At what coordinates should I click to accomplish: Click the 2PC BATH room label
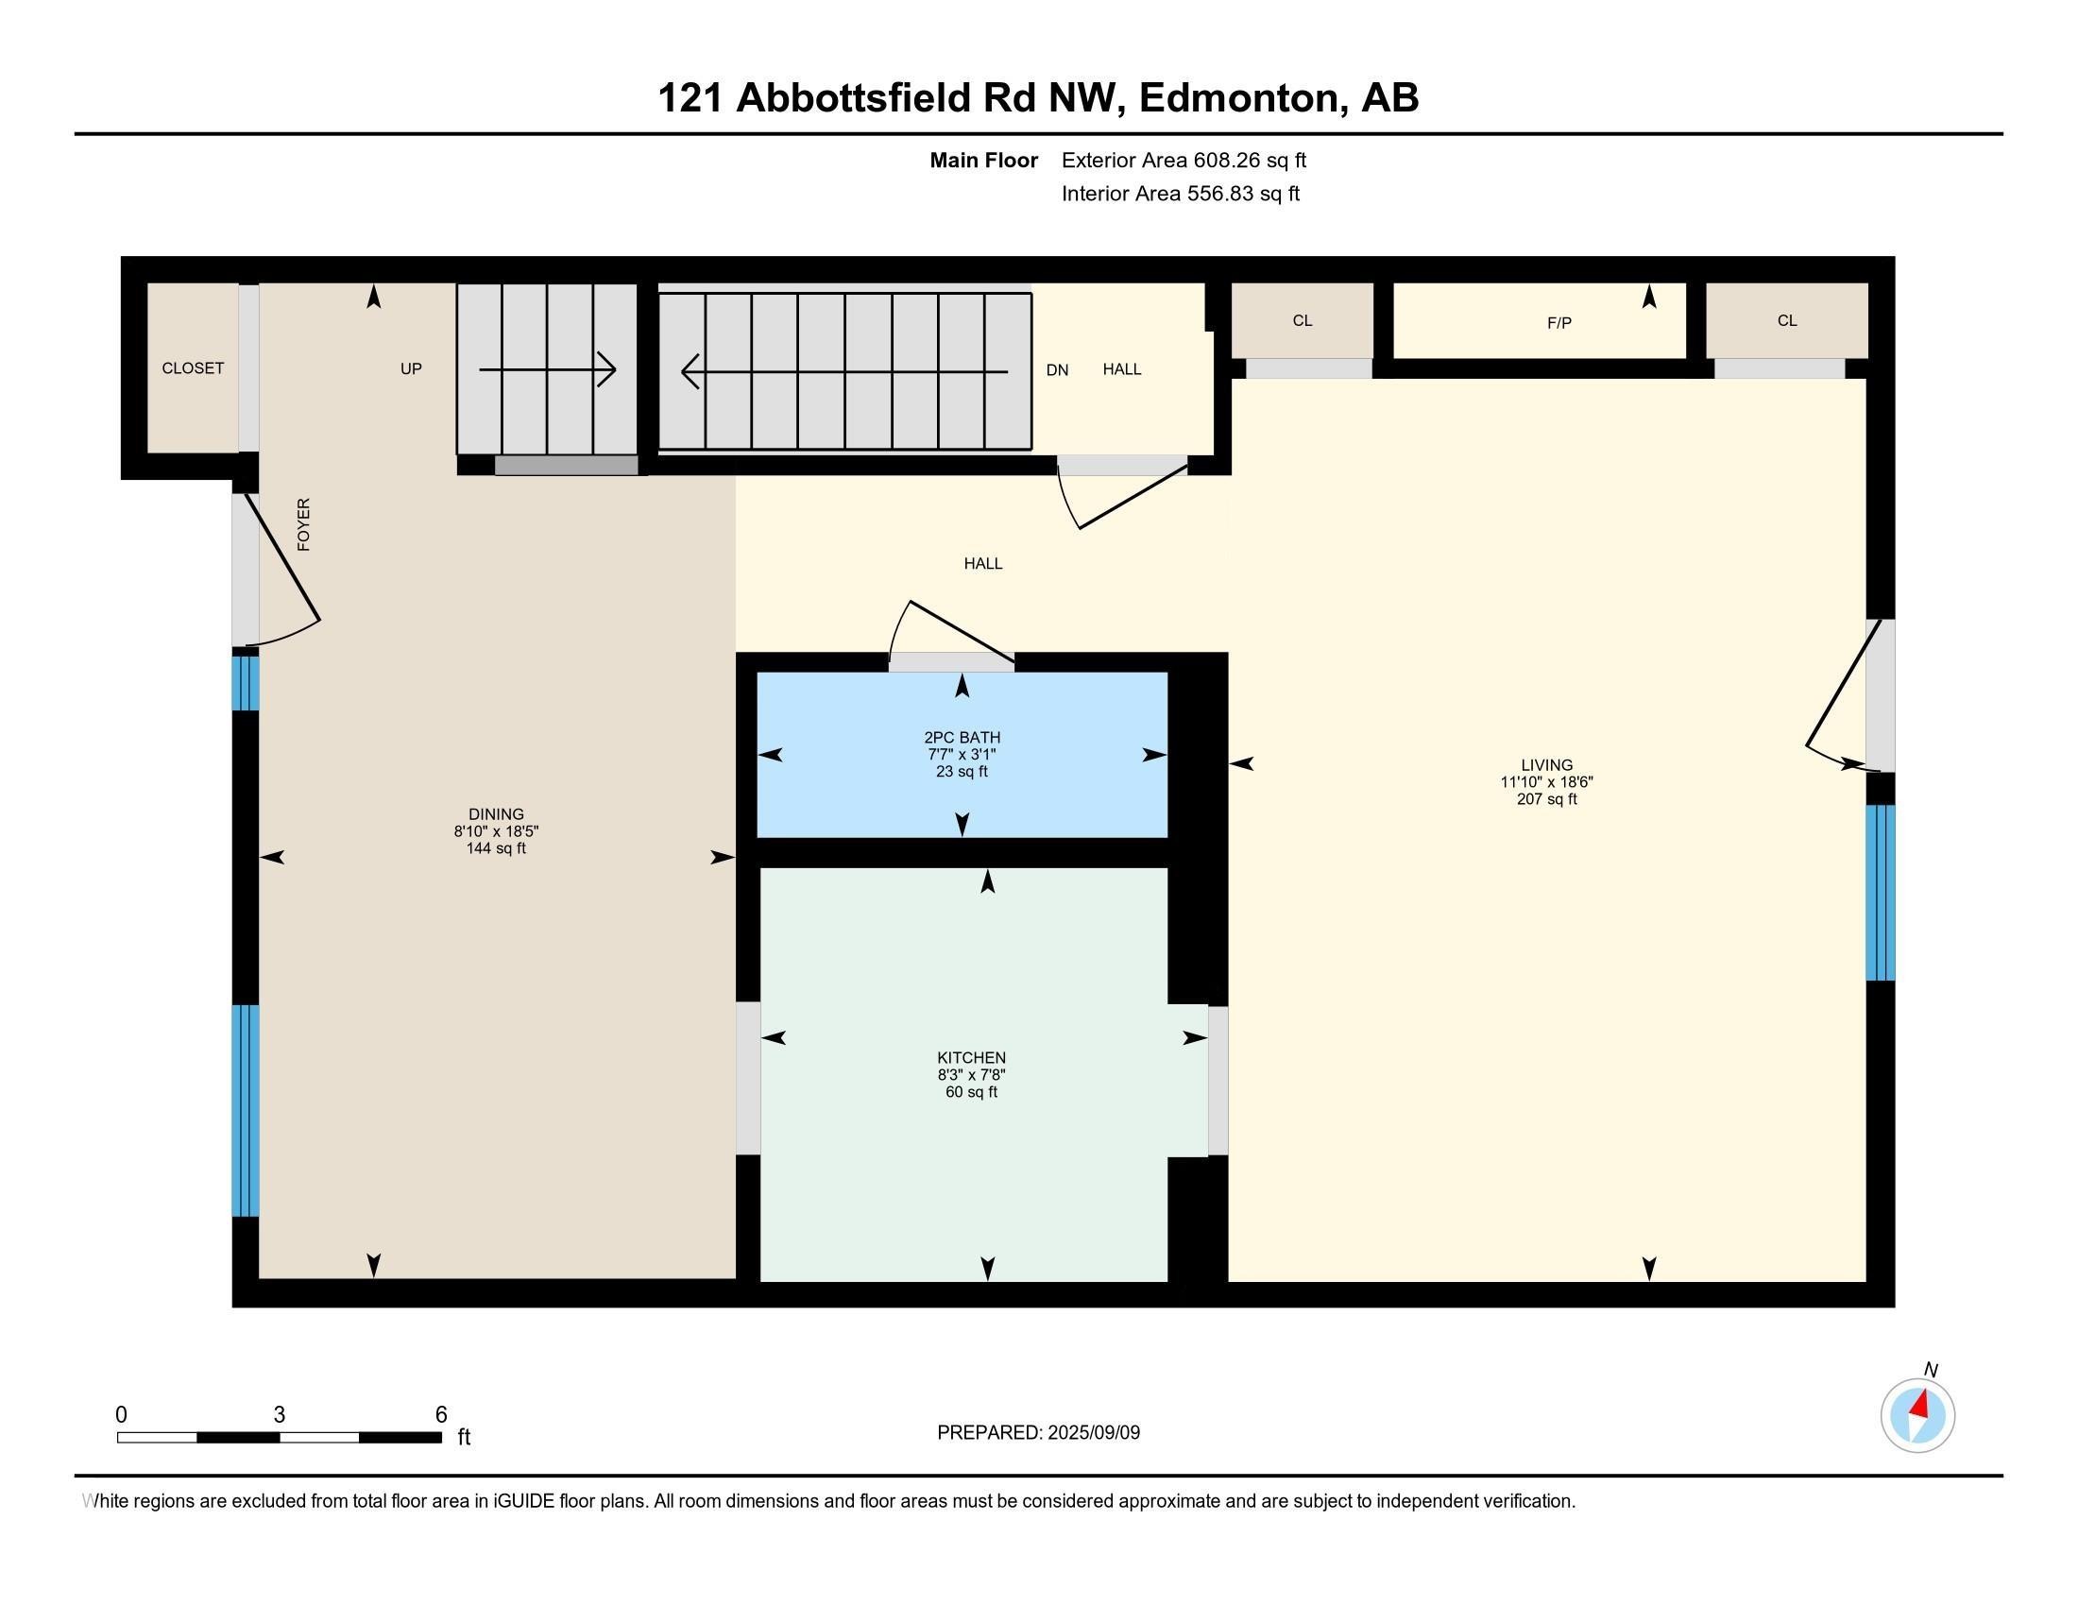[962, 738]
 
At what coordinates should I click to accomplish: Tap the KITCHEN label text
[971, 1058]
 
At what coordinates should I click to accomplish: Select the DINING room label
[496, 814]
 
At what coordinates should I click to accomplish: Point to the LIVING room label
[1546, 765]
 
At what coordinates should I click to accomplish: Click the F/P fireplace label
[1558, 323]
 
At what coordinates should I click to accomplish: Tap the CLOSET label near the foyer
[193, 368]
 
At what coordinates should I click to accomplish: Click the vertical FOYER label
[303, 524]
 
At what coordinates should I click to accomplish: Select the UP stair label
[411, 369]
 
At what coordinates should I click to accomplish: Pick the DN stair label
[1057, 370]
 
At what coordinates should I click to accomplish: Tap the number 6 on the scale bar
[440, 1415]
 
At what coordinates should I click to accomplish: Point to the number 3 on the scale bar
[279, 1415]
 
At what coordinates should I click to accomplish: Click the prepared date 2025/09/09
[1094, 1433]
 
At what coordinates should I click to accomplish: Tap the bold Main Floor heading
[984, 161]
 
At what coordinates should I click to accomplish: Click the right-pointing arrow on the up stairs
[547, 370]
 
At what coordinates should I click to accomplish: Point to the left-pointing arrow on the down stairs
[845, 371]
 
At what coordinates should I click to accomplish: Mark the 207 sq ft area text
[1547, 799]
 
